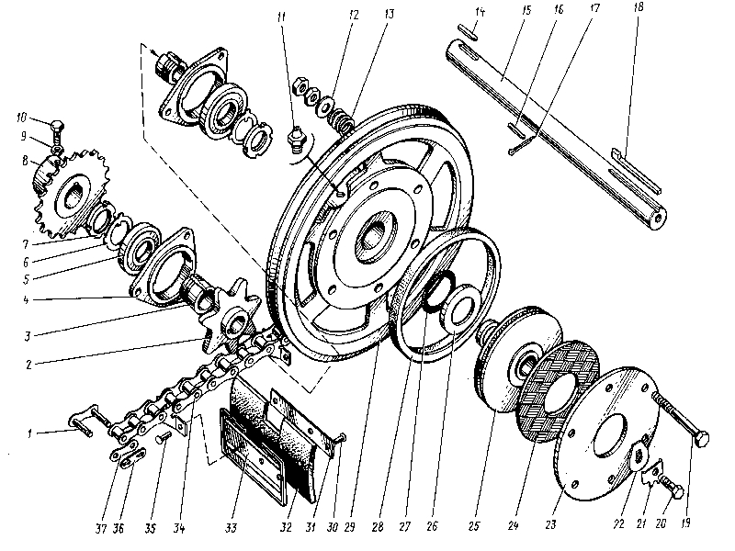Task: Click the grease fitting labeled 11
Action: pos(296,140)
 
